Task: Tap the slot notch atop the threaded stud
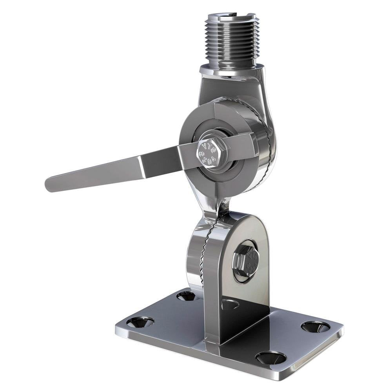(x=231, y=16)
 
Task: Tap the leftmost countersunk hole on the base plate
(x=140, y=322)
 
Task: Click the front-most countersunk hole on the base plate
(x=270, y=357)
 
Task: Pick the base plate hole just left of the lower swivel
(x=186, y=296)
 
